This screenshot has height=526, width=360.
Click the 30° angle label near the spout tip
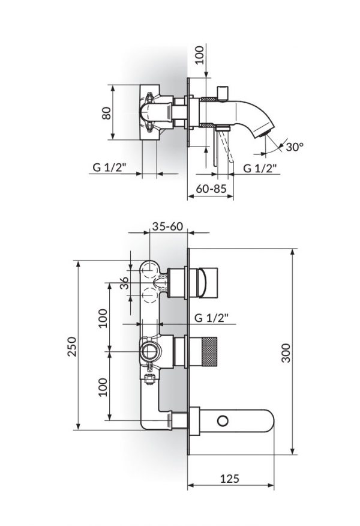295,147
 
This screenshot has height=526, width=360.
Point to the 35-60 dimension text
167,228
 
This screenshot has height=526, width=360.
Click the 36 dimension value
124,283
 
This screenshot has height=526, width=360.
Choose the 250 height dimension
71,346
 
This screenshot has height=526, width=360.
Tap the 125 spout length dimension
231,479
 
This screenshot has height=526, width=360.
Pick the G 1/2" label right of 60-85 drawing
260,168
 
